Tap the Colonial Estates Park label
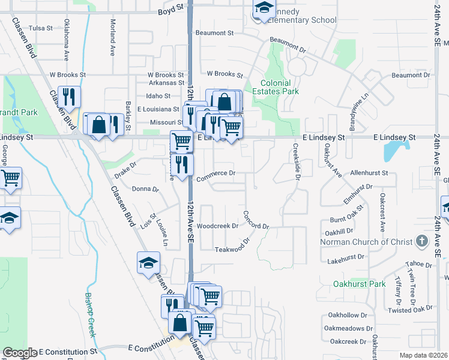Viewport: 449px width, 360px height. (x=280, y=88)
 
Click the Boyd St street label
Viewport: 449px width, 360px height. (x=170, y=11)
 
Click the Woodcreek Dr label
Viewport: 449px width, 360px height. (x=218, y=226)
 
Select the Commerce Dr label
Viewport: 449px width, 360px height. (x=215, y=173)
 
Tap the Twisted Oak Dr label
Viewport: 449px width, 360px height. (x=411, y=310)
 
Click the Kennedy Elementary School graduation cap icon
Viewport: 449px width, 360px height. (x=263, y=8)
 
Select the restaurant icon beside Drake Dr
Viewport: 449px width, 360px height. (x=182, y=164)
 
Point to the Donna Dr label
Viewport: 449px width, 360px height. (x=145, y=188)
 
